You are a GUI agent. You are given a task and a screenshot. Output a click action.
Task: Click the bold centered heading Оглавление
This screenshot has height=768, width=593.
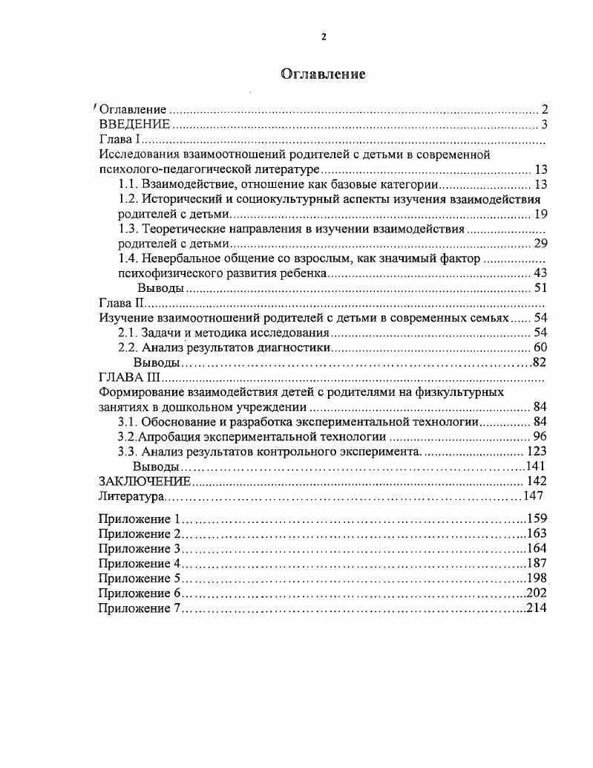(x=323, y=74)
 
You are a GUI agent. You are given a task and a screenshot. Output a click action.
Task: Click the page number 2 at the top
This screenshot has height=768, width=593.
(x=323, y=37)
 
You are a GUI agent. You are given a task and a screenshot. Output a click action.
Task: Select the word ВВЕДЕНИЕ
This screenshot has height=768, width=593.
(x=134, y=124)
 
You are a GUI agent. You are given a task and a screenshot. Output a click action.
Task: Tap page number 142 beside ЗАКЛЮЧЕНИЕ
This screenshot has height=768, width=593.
(x=536, y=481)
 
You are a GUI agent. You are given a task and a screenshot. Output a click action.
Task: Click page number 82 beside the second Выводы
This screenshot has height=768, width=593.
(x=540, y=362)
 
